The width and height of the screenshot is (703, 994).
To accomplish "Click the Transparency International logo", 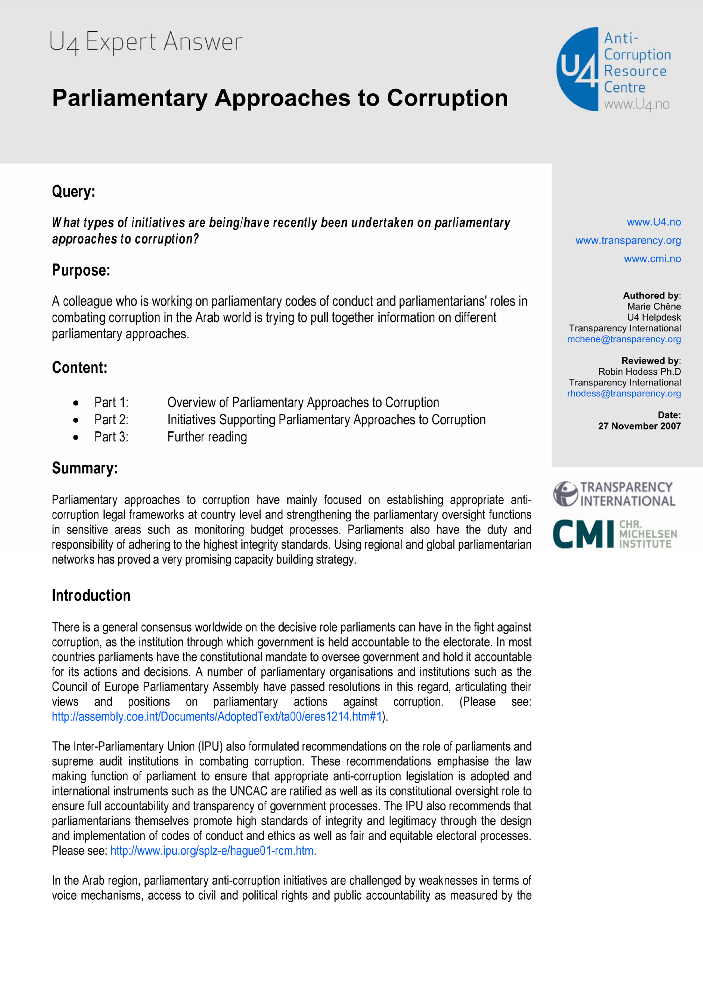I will point(614,494).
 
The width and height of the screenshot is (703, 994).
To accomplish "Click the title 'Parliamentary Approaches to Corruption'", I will point(280,98).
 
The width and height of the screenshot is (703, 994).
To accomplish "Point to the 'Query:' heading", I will point(73,191).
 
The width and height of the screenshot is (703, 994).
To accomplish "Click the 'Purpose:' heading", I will point(81,270).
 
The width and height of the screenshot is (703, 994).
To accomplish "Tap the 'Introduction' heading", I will point(91,595).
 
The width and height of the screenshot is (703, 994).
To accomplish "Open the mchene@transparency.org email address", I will point(624,339).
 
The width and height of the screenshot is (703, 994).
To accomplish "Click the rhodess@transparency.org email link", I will point(624,394).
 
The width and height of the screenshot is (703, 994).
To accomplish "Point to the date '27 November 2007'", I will point(639,426).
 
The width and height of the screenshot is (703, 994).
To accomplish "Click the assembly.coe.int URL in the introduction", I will point(217,716).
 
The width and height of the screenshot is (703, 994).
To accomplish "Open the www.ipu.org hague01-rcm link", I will point(212,851).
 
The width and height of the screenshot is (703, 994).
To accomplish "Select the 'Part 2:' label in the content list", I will point(111,420).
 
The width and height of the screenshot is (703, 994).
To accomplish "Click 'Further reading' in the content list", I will point(207,437).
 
